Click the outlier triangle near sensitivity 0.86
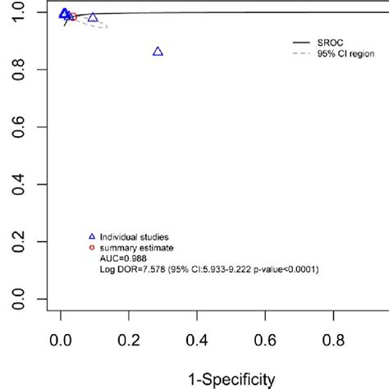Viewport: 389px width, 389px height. click(158, 52)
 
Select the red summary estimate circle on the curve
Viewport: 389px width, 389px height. click(73, 16)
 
